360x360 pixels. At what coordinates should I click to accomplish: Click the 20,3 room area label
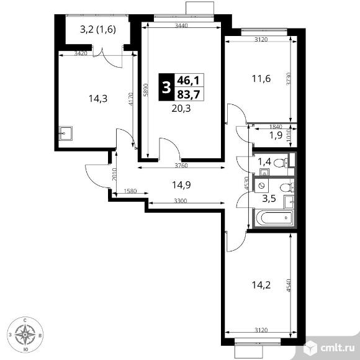click(x=182, y=106)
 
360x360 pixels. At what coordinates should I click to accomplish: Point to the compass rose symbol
click(x=25, y=335)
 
